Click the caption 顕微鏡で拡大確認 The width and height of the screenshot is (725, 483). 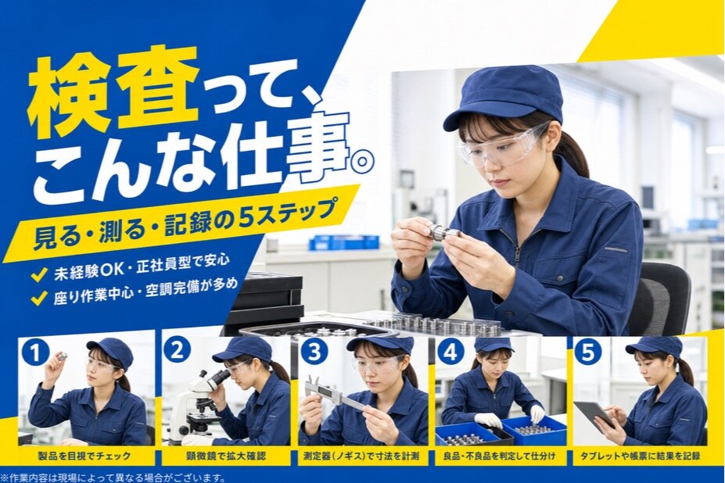(x=225, y=456)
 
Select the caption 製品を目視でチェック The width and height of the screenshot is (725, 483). (x=84, y=456)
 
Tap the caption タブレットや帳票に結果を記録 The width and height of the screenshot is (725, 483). (x=641, y=456)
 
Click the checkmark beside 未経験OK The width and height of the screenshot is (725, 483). (x=38, y=274)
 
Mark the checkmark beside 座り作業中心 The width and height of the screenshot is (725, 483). (x=38, y=298)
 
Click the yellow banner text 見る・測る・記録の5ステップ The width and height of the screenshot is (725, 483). (x=183, y=224)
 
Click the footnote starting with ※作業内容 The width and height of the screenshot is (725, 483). (x=113, y=477)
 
